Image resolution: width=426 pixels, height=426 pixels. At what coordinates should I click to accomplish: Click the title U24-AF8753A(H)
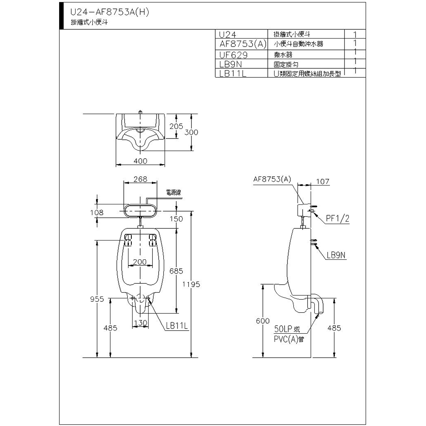pyautogui.click(x=110, y=12)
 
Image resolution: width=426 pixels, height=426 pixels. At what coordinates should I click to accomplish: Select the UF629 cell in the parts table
pyautogui.click(x=233, y=55)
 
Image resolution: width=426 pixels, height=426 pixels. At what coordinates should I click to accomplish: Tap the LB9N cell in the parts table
pyautogui.click(x=230, y=64)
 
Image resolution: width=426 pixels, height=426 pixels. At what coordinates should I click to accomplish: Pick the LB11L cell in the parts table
pyautogui.click(x=233, y=73)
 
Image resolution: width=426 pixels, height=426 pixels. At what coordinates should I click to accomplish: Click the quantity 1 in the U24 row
pyautogui.click(x=355, y=34)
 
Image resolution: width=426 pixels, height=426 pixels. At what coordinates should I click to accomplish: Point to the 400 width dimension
pyautogui.click(x=140, y=161)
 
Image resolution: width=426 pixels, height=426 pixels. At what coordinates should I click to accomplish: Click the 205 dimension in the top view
pyautogui.click(x=176, y=126)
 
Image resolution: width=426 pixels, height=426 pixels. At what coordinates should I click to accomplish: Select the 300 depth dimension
pyautogui.click(x=191, y=132)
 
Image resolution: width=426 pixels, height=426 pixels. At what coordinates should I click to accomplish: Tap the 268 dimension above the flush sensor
pyautogui.click(x=140, y=179)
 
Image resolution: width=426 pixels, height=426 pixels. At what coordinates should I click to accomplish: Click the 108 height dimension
pyautogui.click(x=97, y=212)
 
